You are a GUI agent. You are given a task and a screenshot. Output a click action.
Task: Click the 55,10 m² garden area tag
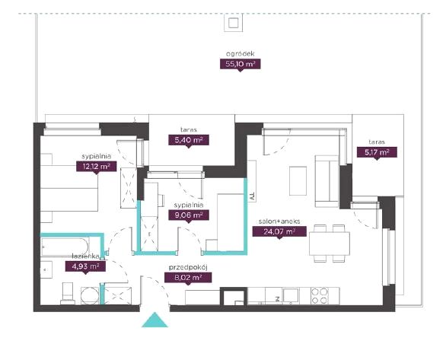[x=240, y=64]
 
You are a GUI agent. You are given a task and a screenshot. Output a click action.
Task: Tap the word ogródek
[x=240, y=53]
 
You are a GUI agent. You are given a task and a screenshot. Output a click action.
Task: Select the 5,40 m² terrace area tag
[x=189, y=140]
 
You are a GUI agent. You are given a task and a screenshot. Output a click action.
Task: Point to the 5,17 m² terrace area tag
[x=377, y=152]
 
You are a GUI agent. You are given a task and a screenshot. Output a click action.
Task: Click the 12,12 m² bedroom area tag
[x=96, y=167]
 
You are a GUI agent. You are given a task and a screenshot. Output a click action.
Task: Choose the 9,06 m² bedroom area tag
[x=189, y=215]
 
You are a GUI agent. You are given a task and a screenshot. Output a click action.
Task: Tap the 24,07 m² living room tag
[x=279, y=231]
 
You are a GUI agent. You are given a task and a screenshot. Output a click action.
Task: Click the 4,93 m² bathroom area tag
[x=85, y=266]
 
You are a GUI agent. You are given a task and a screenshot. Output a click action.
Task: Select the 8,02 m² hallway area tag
[x=188, y=278]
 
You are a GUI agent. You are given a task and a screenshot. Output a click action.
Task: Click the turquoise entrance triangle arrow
[x=155, y=321]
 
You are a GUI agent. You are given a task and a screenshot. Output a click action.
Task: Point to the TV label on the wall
[x=251, y=196]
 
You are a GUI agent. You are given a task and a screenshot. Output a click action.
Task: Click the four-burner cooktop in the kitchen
[x=320, y=296]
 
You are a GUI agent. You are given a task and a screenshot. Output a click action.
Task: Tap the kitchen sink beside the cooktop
[x=291, y=295]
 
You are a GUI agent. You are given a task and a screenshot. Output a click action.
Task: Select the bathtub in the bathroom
[x=65, y=247]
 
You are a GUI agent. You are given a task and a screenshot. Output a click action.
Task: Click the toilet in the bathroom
[x=68, y=294]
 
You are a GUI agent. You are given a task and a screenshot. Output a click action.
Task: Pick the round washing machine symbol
[x=90, y=296]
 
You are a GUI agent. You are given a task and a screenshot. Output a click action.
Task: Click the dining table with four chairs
[x=330, y=243]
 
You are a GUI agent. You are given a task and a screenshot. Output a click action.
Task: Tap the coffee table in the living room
[x=298, y=181]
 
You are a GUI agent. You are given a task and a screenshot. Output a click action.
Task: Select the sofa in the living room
[x=327, y=181]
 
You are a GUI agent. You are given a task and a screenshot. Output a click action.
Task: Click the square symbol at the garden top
[x=233, y=23]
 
